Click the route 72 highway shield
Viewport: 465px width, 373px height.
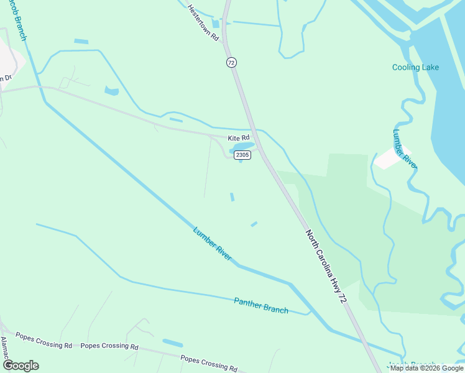[231, 63]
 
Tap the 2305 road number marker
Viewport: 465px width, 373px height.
[243, 155]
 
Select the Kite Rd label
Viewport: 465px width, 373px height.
[238, 137]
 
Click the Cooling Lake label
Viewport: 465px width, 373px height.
[415, 67]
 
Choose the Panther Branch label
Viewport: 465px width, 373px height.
[261, 305]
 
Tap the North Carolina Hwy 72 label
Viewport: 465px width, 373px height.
[325, 266]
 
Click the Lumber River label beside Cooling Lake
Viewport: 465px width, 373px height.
[405, 149]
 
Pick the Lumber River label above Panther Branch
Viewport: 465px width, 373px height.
[212, 244]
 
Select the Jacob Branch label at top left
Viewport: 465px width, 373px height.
[18, 21]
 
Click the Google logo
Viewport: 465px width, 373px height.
[21, 365]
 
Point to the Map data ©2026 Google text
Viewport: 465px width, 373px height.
[426, 368]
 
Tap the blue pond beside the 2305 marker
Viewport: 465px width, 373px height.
[242, 148]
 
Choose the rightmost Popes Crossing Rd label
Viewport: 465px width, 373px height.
[208, 363]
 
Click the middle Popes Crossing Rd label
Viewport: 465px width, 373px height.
[109, 346]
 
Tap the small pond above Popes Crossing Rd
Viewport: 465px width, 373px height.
[173, 343]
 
